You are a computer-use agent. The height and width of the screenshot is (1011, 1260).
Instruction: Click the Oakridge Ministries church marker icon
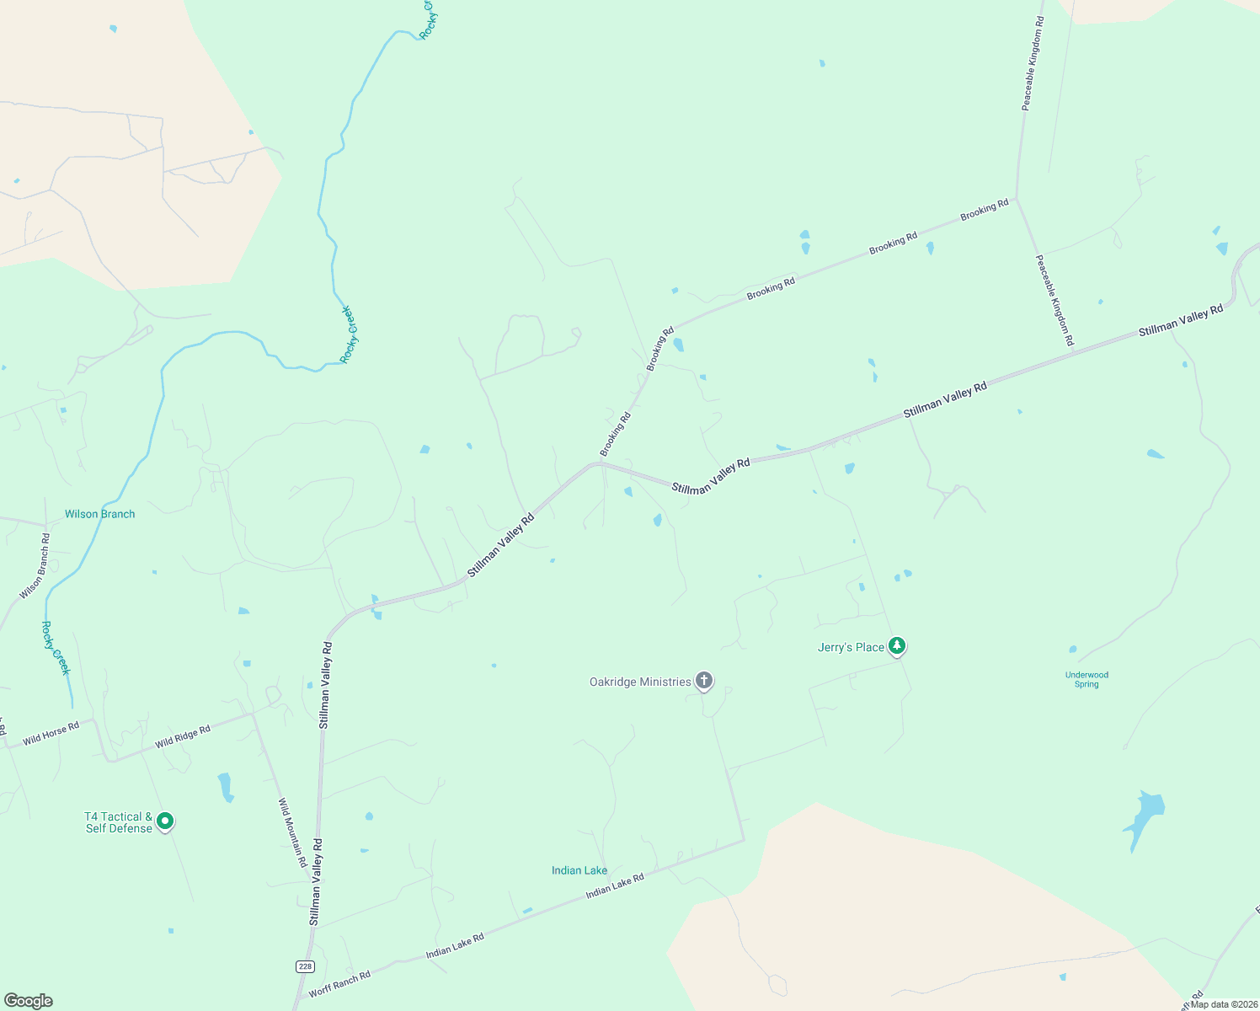(x=704, y=681)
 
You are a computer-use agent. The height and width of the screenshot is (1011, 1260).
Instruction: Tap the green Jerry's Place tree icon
(x=898, y=646)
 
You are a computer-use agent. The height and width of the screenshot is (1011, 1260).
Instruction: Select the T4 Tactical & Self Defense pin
(x=165, y=821)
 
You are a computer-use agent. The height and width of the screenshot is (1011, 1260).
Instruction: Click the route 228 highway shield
(x=305, y=966)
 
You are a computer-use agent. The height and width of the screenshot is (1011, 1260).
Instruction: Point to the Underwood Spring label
(x=1086, y=680)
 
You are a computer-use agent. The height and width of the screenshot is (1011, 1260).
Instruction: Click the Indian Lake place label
(x=579, y=870)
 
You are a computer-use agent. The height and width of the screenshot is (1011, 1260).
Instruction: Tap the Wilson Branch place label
(x=99, y=514)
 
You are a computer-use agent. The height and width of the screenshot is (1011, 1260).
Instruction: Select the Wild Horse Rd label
(x=51, y=733)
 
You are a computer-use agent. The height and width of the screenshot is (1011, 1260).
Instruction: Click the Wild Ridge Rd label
(x=183, y=736)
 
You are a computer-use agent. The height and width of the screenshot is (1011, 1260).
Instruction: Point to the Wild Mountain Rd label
(x=292, y=833)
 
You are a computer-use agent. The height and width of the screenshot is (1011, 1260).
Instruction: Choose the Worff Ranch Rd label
(x=339, y=984)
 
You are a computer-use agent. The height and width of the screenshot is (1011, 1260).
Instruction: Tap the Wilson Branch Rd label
(x=35, y=566)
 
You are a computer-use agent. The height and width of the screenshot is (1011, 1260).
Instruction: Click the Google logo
(x=29, y=1001)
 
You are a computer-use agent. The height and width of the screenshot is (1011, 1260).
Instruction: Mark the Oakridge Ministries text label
(x=640, y=682)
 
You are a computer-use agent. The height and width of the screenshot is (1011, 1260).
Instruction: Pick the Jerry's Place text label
(x=851, y=647)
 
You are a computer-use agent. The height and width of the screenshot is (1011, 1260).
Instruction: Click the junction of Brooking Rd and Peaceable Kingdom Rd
(x=1017, y=199)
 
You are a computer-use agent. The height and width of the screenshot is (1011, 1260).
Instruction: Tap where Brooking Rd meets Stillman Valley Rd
(x=601, y=462)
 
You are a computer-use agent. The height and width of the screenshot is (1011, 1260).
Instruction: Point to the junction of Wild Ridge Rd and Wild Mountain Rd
(x=253, y=714)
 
